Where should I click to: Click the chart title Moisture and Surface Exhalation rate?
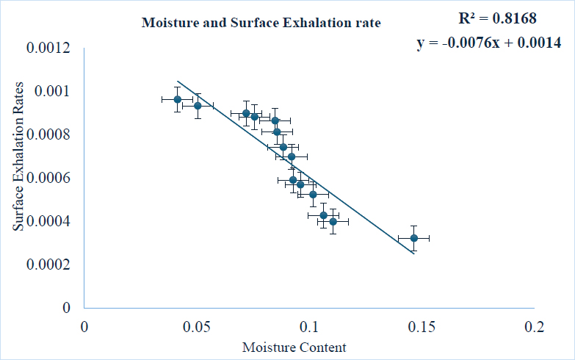[261, 23]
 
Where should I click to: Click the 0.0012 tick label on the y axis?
[51, 48]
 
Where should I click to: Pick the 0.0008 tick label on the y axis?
[51, 134]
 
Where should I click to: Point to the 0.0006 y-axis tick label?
[51, 178]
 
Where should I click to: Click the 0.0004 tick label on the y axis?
[51, 221]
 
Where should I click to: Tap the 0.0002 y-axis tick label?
[51, 264]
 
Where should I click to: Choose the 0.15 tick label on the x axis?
[422, 326]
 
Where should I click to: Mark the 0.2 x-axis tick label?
[534, 326]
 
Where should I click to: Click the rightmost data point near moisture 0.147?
[413, 238]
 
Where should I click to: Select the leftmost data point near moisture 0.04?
[177, 99]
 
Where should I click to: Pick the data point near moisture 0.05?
[198, 106]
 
